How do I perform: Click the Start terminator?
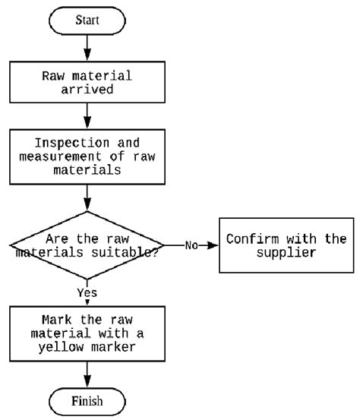point(87,21)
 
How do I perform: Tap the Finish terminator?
point(87,402)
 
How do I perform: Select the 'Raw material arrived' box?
point(87,82)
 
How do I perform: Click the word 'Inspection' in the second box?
point(72,143)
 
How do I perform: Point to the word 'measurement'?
point(60,156)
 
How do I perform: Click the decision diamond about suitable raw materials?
point(87,245)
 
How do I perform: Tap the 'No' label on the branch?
point(191,245)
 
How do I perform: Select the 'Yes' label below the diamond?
point(87,292)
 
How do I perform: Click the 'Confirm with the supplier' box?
point(286,245)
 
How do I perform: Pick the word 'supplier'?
point(286,253)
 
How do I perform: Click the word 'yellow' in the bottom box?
point(61,347)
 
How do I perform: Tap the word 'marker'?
point(113,347)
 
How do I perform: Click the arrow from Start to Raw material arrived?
point(87,48)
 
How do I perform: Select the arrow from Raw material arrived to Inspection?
point(87,116)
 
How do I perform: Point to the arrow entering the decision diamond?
point(87,197)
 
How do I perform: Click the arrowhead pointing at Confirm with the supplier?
point(213,245)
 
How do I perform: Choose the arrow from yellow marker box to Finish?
point(87,374)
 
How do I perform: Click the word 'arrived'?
point(87,89)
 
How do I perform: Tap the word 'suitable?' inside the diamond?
point(125,253)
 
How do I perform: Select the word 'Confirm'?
point(252,238)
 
